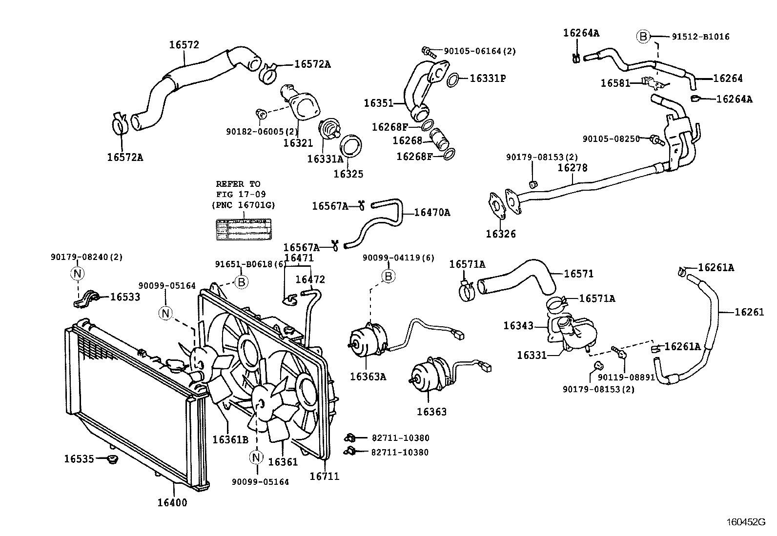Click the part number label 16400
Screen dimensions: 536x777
[x=172, y=502]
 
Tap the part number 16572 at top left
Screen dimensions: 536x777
[x=184, y=44]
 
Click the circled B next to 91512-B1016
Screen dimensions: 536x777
[x=643, y=37]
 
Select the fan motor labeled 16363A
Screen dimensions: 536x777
[x=368, y=342]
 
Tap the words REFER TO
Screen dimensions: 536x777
[x=238, y=184]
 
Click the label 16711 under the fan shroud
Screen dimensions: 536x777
[x=324, y=476]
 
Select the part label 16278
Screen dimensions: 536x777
[x=573, y=168]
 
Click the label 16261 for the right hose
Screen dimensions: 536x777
[x=749, y=312]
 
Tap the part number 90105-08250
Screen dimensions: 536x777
[x=611, y=139]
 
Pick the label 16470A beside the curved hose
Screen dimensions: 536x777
[x=432, y=212]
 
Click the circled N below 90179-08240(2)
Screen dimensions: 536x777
[x=77, y=274]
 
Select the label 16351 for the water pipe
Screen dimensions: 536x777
[x=378, y=103]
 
